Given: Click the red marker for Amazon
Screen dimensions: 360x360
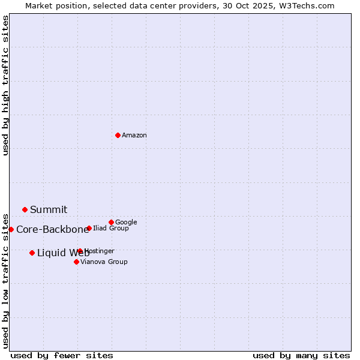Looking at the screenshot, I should (x=118, y=135).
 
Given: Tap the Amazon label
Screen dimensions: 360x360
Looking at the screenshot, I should (x=134, y=136).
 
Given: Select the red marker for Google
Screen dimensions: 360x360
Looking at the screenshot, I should (x=111, y=222).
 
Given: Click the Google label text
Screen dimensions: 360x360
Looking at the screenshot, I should (x=126, y=223).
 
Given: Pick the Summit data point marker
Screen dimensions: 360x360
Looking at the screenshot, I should (x=25, y=209).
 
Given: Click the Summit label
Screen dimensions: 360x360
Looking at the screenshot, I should (x=49, y=210).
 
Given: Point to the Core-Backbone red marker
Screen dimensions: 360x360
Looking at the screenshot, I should (x=11, y=229).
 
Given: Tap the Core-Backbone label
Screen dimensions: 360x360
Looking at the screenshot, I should (x=52, y=230).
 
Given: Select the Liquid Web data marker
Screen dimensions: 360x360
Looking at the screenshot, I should (x=32, y=253).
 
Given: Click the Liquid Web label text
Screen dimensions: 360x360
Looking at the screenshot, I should (x=63, y=253).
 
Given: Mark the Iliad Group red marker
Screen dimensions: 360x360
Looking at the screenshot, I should (x=89, y=228).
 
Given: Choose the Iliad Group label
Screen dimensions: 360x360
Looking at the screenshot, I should (x=111, y=229).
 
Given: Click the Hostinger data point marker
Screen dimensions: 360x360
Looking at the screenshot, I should (x=80, y=251).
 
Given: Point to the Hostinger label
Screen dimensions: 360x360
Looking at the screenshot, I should (x=100, y=251).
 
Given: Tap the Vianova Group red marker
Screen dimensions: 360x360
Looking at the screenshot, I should (x=76, y=262).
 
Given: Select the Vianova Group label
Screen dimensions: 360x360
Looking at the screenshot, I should (x=104, y=262).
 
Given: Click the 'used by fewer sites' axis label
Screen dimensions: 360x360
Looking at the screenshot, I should (x=62, y=355).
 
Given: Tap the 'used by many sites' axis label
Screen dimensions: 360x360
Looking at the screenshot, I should (x=301, y=355).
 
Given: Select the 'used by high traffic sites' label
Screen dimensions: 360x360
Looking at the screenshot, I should (x=6, y=85).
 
